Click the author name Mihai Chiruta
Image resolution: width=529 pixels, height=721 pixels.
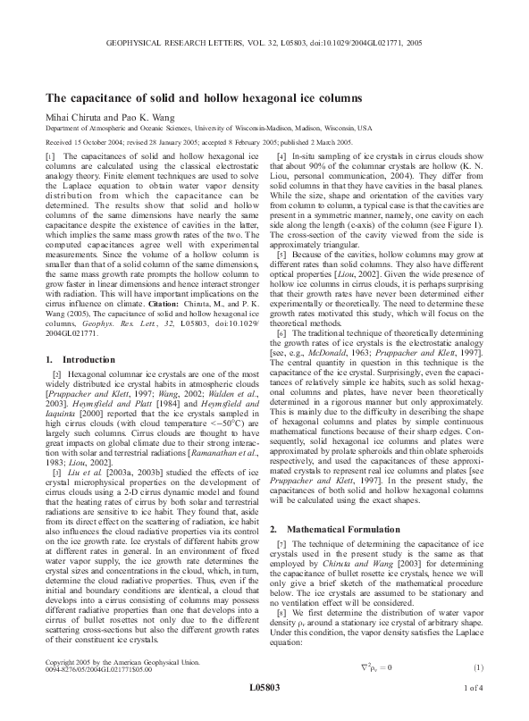tap(75, 116)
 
